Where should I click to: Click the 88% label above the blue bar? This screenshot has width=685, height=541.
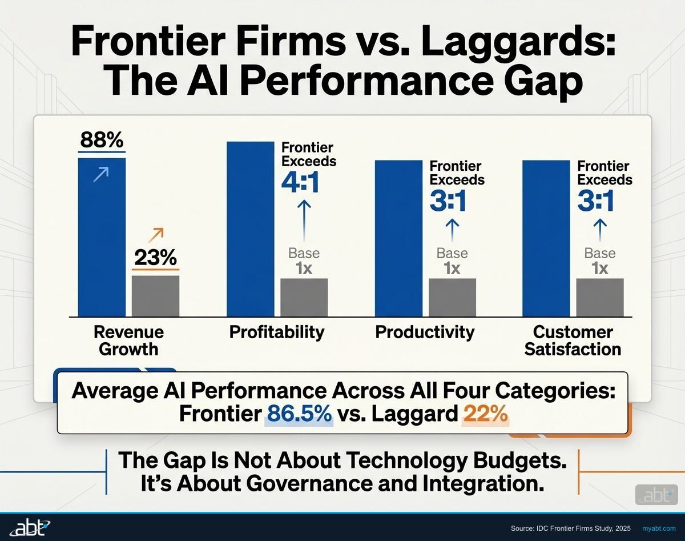click(102, 139)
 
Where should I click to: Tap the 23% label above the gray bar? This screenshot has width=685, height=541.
click(155, 258)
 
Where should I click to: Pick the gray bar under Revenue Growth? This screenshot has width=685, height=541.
click(155, 296)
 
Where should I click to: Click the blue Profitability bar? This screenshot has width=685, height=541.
click(250, 229)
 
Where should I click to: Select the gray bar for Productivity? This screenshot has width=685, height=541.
click(452, 297)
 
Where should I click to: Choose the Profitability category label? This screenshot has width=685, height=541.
click(277, 332)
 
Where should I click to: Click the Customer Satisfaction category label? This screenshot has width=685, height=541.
click(573, 340)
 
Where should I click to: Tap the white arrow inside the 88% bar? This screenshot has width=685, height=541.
click(101, 174)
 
